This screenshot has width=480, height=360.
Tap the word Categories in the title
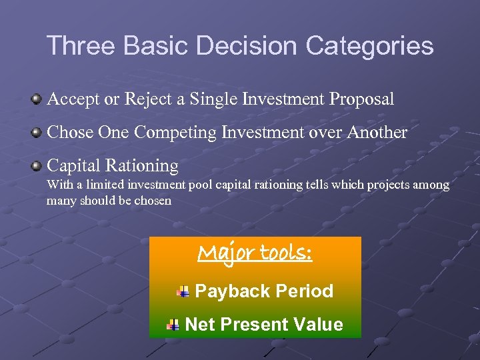(370, 46)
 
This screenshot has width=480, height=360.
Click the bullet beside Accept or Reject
(37, 100)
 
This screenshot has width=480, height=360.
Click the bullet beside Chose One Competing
(37, 133)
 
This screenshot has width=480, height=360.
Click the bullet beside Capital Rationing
(37, 165)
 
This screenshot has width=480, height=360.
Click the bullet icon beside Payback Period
(183, 291)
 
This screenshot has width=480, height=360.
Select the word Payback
(232, 291)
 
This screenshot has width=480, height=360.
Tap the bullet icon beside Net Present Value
(173, 325)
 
